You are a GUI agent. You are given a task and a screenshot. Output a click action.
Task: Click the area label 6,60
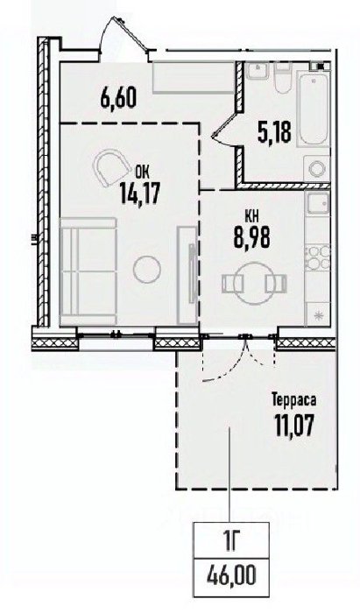coord(118,98)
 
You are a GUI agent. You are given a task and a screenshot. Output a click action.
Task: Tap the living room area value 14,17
coord(139,194)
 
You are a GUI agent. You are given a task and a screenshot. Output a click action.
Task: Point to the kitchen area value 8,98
coord(251,237)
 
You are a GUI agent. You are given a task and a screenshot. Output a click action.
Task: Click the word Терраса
coord(294,401)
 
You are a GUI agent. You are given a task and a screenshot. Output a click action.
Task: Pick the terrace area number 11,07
coord(294,426)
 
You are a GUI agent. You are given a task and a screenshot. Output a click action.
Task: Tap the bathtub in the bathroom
coord(313,109)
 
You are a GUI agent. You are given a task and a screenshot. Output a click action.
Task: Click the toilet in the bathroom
coord(283,78)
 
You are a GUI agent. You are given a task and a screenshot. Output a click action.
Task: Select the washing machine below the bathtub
coord(316,168)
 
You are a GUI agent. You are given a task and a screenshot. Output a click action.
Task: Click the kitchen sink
coord(318,204)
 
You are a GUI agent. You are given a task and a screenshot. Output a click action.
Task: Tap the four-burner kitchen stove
coord(318,257)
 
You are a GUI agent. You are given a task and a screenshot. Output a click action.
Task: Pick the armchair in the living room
coord(111,167)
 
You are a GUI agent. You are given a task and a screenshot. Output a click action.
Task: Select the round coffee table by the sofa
coord(146,269)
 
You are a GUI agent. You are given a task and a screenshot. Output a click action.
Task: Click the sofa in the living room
coord(88,271)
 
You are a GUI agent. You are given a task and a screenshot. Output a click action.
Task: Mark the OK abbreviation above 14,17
coord(142,172)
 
